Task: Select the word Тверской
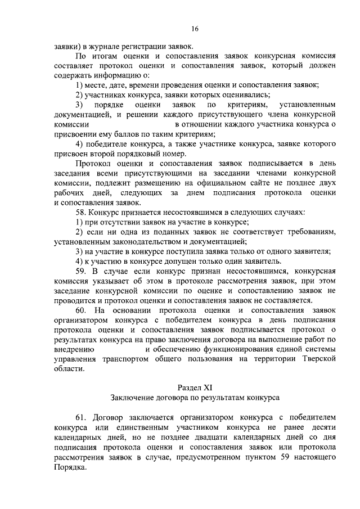(x=318, y=359)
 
